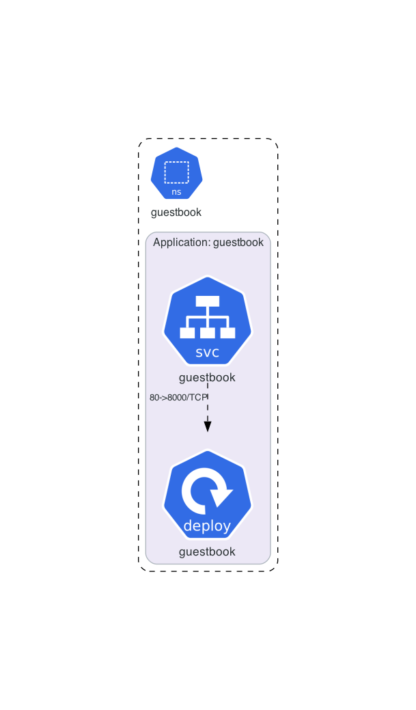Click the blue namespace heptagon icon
pyautogui.click(x=177, y=175)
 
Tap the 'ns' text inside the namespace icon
pyautogui.click(x=177, y=192)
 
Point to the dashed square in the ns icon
pyautogui.click(x=177, y=172)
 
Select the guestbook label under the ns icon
pyautogui.click(x=176, y=212)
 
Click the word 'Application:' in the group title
pyautogui.click(x=182, y=243)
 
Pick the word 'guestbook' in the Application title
pyautogui.click(x=238, y=243)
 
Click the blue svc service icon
pyautogui.click(x=208, y=321)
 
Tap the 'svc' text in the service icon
pyautogui.click(x=208, y=353)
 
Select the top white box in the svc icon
pyautogui.click(x=208, y=301)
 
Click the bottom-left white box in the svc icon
pyautogui.click(x=187, y=333)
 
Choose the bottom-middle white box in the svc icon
pyautogui.click(x=208, y=333)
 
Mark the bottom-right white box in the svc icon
pyautogui.click(x=227, y=333)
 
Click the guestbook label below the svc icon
pyautogui.click(x=207, y=377)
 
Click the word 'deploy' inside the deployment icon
pyautogui.click(x=207, y=526)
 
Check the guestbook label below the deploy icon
pyautogui.click(x=207, y=551)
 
